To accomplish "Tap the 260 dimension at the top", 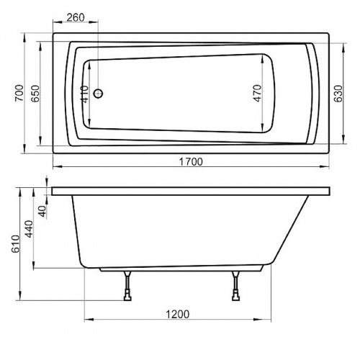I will click(x=76, y=17).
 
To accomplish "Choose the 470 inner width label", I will click(x=258, y=93).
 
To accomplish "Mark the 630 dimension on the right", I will click(x=337, y=93).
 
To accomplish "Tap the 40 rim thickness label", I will click(x=42, y=211).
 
